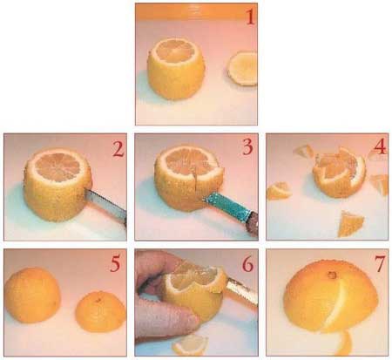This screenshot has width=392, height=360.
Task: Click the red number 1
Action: (251, 17)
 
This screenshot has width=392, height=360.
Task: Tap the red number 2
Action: (118, 150)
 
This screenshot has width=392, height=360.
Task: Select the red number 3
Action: (248, 147)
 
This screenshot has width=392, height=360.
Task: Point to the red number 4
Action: (380, 146)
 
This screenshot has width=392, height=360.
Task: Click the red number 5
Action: (115, 263)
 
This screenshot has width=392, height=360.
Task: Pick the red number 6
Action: (247, 264)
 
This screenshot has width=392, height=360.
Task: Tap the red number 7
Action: (380, 264)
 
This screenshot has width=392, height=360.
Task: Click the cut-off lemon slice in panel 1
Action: (242, 69)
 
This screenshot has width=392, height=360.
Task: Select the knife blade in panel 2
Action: (106, 204)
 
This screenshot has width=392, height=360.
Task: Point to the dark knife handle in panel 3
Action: (253, 223)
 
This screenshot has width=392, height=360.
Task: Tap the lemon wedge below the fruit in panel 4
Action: (351, 224)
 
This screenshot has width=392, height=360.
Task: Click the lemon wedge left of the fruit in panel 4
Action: (279, 190)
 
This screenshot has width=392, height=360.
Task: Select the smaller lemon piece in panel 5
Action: (101, 312)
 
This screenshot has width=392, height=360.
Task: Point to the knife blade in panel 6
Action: (242, 292)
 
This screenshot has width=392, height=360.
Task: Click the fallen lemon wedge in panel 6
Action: (191, 345)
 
